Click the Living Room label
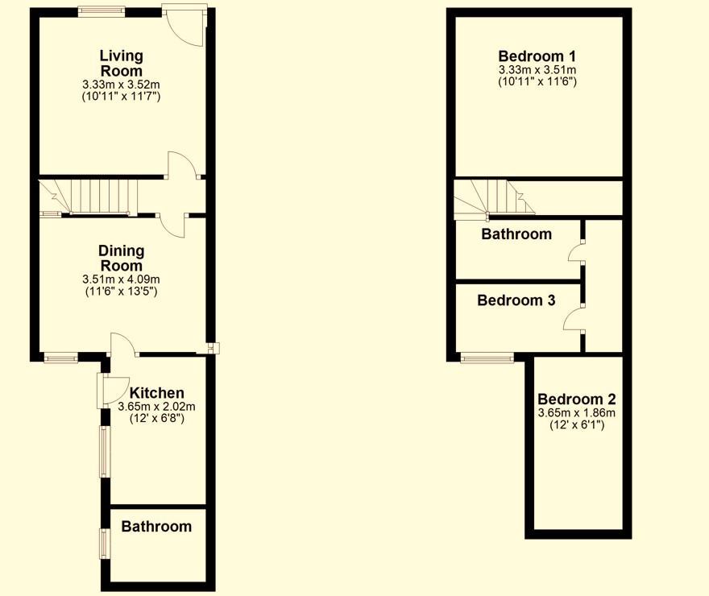(121, 63)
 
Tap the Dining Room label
(121, 258)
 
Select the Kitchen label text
(157, 393)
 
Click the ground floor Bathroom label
(156, 527)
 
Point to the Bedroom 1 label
(537, 56)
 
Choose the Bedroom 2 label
(576, 399)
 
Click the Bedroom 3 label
(516, 300)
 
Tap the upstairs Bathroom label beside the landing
(516, 234)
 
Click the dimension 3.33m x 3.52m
(121, 84)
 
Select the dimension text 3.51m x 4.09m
(121, 279)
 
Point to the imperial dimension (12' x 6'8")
(157, 419)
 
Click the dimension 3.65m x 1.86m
(576, 413)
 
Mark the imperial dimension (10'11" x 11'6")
(537, 82)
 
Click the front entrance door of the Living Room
(184, 23)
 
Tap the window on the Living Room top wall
(102, 10)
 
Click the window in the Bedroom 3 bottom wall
(487, 358)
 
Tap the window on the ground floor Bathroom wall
(104, 543)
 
